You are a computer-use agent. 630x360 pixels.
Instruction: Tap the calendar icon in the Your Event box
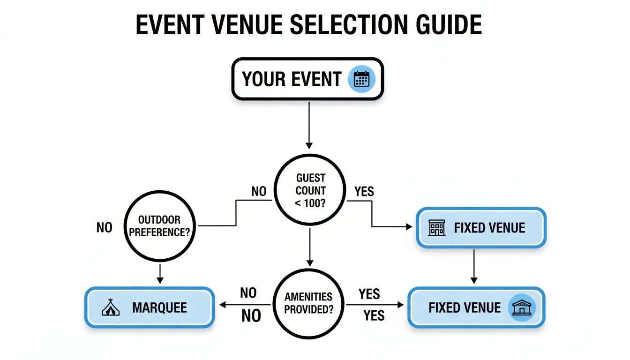click(x=359, y=79)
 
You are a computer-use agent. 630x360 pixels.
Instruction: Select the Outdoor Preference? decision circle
click(x=159, y=227)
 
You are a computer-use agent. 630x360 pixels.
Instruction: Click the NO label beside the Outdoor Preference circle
click(x=105, y=228)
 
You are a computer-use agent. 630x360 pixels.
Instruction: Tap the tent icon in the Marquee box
click(x=111, y=307)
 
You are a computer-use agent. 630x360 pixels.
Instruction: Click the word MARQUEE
click(x=159, y=308)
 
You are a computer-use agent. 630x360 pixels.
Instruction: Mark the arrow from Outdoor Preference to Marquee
click(x=160, y=273)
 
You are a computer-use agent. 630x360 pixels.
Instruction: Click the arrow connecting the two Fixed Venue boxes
click(x=474, y=266)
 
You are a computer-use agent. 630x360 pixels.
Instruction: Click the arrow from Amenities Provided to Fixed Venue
click(x=375, y=305)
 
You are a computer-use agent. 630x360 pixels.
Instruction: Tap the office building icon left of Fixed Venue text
click(x=436, y=228)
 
